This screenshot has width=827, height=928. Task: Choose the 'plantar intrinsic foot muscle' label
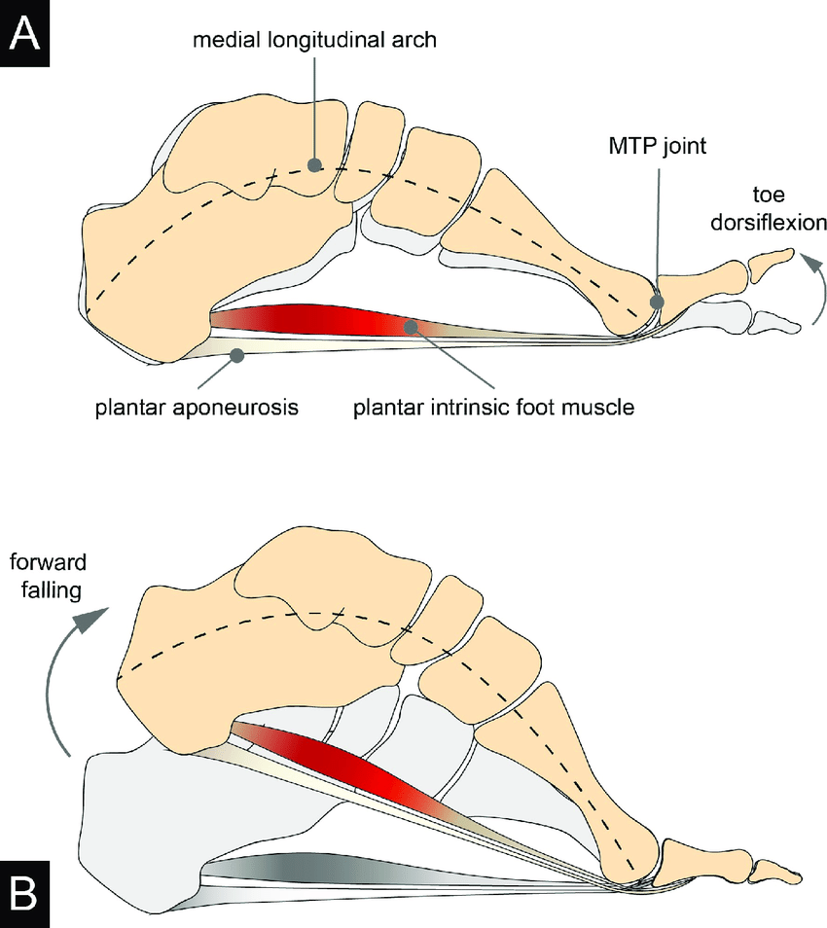[492, 407]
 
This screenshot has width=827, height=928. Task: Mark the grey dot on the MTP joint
[659, 303]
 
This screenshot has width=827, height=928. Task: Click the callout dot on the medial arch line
[314, 164]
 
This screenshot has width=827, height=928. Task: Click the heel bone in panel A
[146, 282]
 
